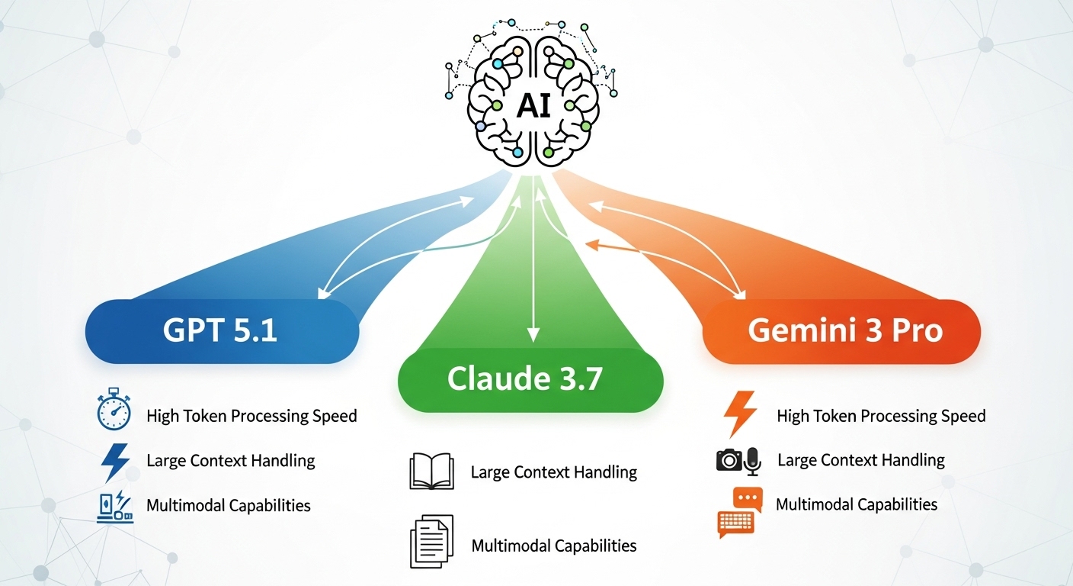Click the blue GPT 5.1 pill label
point(221,331)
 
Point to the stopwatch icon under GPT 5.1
point(114,413)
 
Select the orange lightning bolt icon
point(739,414)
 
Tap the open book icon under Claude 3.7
point(431,471)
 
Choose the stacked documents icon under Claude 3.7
point(431,541)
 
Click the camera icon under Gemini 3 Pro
point(729,459)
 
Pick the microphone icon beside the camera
point(753,461)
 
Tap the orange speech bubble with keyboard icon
point(736,512)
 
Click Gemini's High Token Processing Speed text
point(881,416)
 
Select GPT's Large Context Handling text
point(230,461)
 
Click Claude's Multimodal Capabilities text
point(553,546)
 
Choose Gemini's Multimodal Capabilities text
point(856,504)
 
